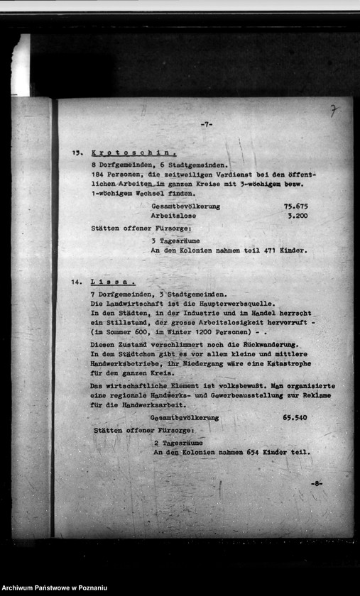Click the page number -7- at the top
click(207, 124)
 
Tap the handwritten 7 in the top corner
click(333, 111)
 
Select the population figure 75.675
click(295, 206)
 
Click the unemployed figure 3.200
click(297, 216)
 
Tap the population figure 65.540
click(295, 418)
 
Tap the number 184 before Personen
click(99, 174)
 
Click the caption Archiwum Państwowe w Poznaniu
click(54, 588)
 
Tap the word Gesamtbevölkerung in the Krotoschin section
click(185, 206)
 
